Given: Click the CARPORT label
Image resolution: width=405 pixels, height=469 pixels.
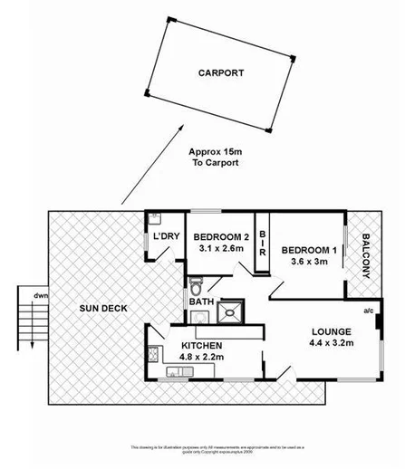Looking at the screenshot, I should pos(222,73).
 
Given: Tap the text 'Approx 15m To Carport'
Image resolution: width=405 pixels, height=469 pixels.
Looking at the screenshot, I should pos(216,158).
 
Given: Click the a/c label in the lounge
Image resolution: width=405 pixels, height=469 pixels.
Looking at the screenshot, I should pos(369,311).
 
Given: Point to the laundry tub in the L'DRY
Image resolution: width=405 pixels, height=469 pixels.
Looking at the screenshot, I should pos(155,218).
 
